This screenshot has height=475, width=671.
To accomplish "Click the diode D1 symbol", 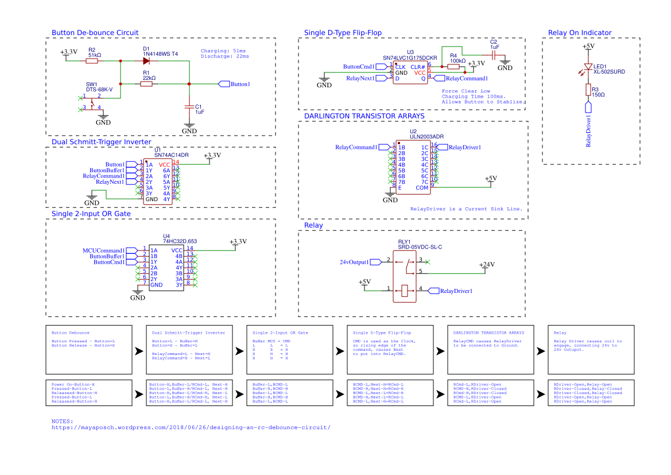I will [146, 60].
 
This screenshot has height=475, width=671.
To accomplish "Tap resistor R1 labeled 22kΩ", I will [146, 84].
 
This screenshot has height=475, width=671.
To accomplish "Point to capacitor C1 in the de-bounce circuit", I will [189, 107].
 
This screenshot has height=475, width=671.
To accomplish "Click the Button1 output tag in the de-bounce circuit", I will [235, 84].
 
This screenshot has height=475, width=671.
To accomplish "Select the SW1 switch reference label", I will [92, 84].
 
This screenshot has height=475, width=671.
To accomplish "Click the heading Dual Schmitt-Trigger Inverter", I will [102, 142].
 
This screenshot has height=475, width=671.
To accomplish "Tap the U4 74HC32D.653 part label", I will [180, 241].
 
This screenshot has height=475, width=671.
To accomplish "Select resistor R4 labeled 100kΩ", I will [453, 67].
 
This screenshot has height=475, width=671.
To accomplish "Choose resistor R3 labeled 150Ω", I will [588, 90].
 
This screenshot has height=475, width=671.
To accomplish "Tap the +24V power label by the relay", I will [487, 265].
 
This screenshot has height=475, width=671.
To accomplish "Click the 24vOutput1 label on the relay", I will [354, 262].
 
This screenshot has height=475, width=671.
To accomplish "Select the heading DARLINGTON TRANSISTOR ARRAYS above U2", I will [364, 116].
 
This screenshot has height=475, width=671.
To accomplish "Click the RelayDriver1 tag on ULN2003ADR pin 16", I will [464, 147].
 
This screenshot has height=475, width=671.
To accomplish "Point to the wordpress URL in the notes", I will [191, 427].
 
